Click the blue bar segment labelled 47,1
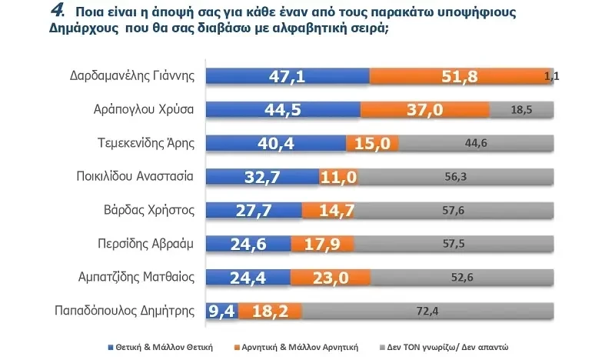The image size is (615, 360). coord(289,75)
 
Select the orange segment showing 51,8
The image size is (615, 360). coord(460,75)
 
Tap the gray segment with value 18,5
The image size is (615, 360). coord(521,109)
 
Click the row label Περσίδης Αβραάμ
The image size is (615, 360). coord(151,245)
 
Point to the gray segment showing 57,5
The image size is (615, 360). coord(454,245)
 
